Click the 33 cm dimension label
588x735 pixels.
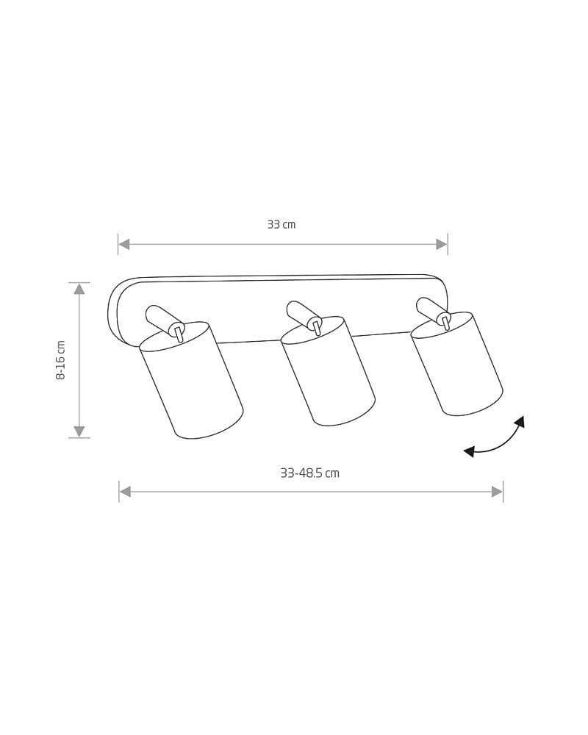[282, 224]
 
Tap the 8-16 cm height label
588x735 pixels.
[60, 360]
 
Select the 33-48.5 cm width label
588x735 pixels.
[309, 473]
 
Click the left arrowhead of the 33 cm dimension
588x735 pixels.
[123, 244]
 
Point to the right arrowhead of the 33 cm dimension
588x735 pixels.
[442, 244]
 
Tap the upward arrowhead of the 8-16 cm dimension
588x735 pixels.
[79, 288]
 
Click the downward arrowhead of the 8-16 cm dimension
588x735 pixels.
[79, 431]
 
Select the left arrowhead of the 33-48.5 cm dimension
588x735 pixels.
[125, 492]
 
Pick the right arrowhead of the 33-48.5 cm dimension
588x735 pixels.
[497, 492]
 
